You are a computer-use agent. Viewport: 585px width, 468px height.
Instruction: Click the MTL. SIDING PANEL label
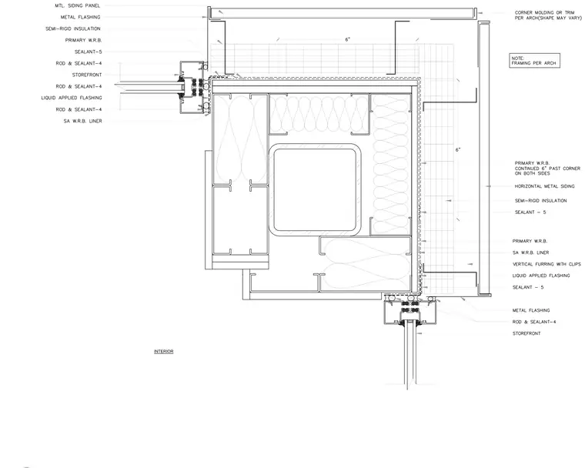coord(78,5)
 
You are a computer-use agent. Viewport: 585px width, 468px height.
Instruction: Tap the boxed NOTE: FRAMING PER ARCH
coord(535,61)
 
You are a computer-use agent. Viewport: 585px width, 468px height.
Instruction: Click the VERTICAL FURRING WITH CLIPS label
coord(547,264)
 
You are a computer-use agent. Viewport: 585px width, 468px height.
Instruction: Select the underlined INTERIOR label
coord(164,352)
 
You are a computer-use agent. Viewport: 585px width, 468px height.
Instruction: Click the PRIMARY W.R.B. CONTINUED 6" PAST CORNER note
coord(547,169)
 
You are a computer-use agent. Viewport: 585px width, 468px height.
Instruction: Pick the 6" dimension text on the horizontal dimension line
coord(347,39)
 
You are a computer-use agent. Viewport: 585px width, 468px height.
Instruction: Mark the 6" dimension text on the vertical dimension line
coord(458,149)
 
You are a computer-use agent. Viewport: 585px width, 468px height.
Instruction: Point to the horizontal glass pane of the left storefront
coord(149,86)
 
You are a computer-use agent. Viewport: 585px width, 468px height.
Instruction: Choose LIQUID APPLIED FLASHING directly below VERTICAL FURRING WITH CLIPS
coord(541,276)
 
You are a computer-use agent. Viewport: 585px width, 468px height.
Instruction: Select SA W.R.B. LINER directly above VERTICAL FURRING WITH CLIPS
coord(530,252)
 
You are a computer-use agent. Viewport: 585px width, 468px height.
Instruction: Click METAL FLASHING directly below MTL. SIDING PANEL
coord(81,17)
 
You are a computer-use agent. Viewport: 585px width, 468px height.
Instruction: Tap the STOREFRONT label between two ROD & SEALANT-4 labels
coord(87,75)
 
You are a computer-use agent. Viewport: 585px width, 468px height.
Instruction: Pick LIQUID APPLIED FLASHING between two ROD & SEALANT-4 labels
coord(72,98)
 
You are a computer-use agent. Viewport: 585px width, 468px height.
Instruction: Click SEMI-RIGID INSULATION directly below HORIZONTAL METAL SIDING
coord(540,201)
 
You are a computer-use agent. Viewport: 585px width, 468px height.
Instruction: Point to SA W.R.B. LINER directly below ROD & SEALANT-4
coord(83,121)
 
